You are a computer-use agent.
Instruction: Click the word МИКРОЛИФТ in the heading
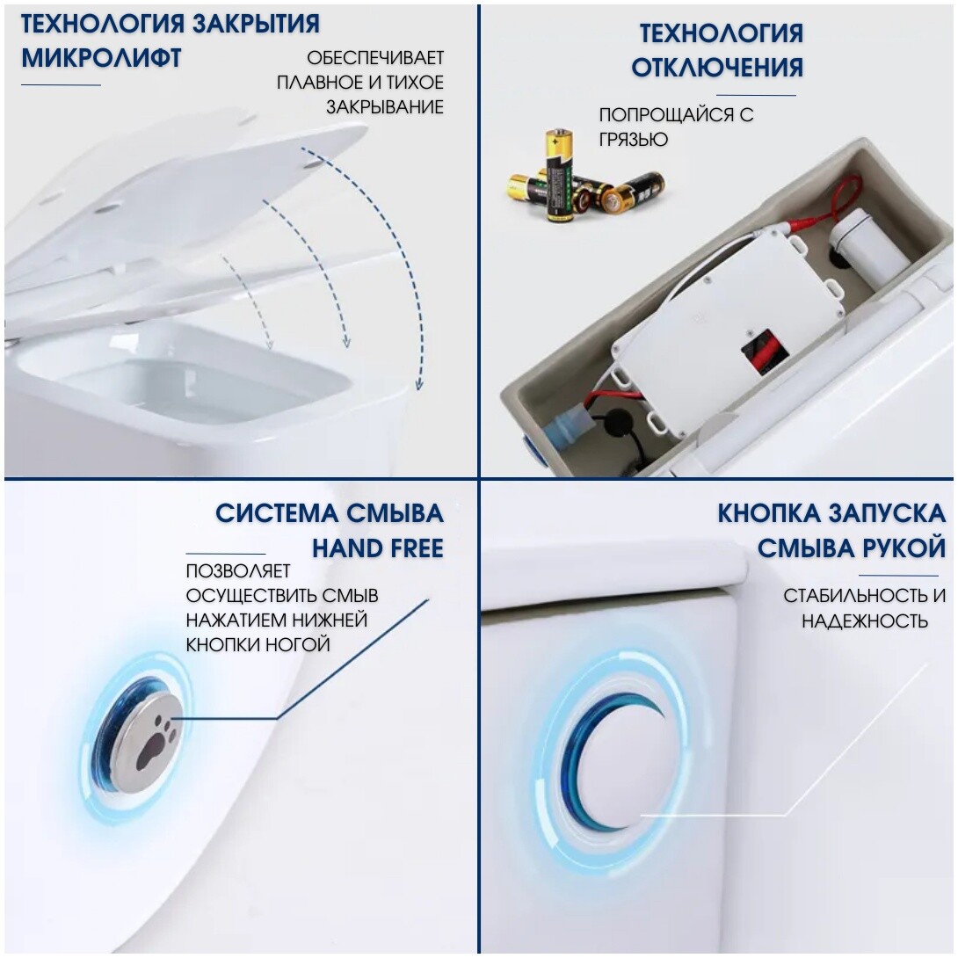(x=101, y=58)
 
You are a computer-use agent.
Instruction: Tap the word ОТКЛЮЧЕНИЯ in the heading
(x=717, y=67)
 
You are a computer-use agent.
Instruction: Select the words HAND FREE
(x=377, y=549)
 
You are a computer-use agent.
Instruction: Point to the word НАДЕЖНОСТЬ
(x=865, y=621)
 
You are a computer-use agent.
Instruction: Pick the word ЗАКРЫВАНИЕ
(x=384, y=107)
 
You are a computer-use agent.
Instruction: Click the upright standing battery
(x=558, y=175)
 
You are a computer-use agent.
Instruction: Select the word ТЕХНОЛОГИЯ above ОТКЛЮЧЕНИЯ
(x=721, y=33)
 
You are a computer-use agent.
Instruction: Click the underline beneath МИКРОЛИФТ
(x=61, y=85)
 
